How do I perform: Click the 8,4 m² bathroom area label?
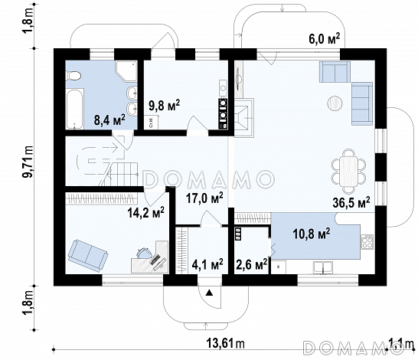[109, 119]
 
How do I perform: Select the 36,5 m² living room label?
[351, 202]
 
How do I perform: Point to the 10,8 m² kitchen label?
[312, 234]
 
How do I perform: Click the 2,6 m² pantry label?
[252, 264]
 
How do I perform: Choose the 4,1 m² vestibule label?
[207, 264]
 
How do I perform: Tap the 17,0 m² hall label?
[204, 198]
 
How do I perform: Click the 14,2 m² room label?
[145, 212]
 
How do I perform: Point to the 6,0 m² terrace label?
[325, 39]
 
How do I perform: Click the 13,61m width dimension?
[226, 343]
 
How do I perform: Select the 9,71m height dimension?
[28, 162]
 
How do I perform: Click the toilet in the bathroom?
[73, 76]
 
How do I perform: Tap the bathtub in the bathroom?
[75, 110]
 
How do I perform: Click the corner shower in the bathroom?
[126, 71]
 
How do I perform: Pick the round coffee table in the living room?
[335, 103]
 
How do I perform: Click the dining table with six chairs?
[348, 172]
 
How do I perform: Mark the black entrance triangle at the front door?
[210, 293]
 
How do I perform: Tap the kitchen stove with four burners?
[367, 242]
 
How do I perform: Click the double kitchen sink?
[323, 267]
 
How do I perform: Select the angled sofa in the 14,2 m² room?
[88, 256]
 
